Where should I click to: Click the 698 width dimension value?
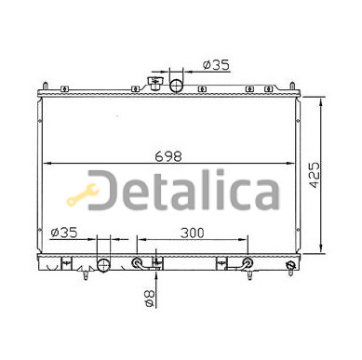[x=168, y=156]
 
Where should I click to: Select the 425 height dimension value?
[x=315, y=175]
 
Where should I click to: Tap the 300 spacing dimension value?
[x=193, y=233]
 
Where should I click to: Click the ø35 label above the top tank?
[x=216, y=65]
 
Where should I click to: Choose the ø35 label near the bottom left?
[x=64, y=233]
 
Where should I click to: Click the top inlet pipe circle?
[x=177, y=86]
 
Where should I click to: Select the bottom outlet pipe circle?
[x=103, y=265]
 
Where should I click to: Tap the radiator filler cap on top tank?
[x=154, y=84]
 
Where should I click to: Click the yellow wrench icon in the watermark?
[x=82, y=194]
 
